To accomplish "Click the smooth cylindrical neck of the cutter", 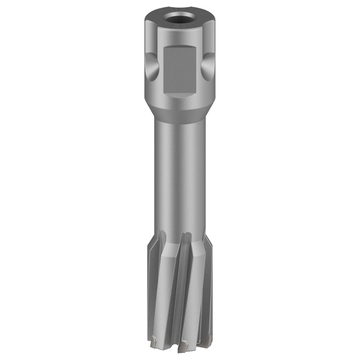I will click(180, 171).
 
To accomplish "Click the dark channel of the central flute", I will click(184, 279).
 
